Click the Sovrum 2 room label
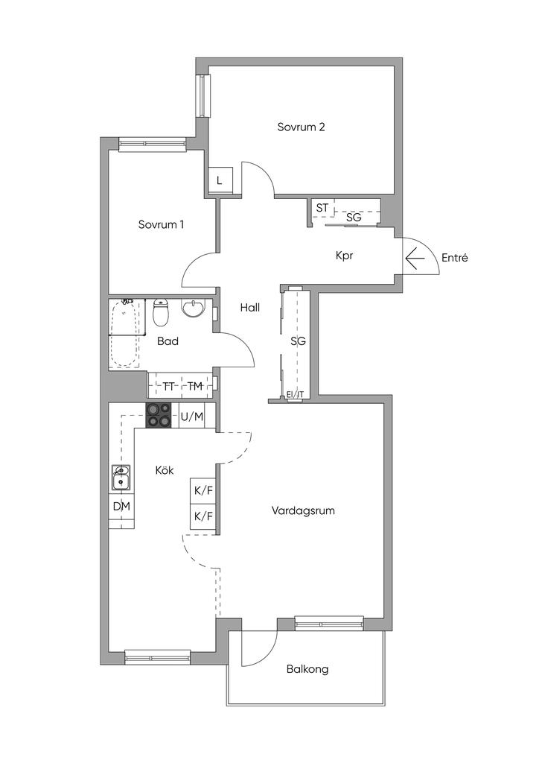(x=301, y=127)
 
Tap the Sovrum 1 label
(x=161, y=224)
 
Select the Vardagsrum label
(x=303, y=511)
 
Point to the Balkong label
(x=307, y=669)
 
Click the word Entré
(x=454, y=257)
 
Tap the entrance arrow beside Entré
(x=415, y=259)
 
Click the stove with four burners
(x=159, y=415)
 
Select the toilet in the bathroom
(x=161, y=312)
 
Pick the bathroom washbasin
(x=194, y=308)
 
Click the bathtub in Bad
(x=125, y=334)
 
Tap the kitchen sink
(x=121, y=478)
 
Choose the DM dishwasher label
(x=121, y=507)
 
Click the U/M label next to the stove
(x=192, y=417)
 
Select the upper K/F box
(x=203, y=490)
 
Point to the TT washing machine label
(x=169, y=387)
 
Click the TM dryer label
(x=195, y=387)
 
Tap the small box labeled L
(x=220, y=180)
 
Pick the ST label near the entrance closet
(x=322, y=208)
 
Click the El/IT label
(x=295, y=395)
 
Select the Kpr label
(x=344, y=256)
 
